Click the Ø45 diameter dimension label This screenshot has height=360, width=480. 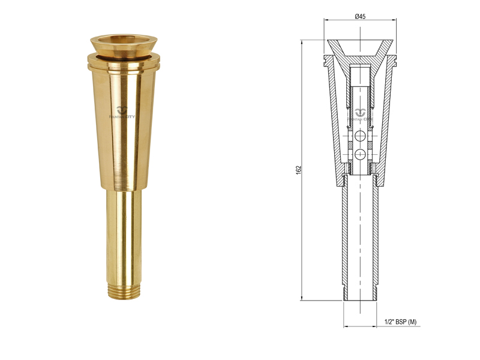click(361, 16)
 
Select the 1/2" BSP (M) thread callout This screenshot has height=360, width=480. click(400, 322)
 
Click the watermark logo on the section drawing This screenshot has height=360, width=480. click(361, 113)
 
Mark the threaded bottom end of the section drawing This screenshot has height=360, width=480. click(361, 293)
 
